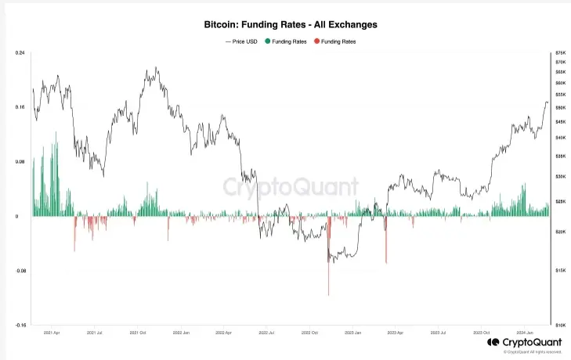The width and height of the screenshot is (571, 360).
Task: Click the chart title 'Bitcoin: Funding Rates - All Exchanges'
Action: coord(286,24)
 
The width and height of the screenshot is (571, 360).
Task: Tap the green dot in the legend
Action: coord(269,41)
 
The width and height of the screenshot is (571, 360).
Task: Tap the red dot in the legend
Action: coord(316,41)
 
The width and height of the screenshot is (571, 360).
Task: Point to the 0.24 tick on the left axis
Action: coord(20,52)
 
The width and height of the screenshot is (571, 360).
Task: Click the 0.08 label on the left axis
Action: coord(20,162)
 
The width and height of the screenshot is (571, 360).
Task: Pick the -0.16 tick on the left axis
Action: coord(20,325)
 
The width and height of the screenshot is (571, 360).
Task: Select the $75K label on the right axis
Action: coord(560,52)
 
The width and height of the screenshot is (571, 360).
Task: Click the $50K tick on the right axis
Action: coord(560,107)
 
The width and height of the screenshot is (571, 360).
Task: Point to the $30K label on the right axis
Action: coord(560,177)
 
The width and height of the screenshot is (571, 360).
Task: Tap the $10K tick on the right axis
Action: coord(560,325)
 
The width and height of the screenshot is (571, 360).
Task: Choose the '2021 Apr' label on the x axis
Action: coord(52,333)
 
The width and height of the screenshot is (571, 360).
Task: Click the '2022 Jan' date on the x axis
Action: coord(181,333)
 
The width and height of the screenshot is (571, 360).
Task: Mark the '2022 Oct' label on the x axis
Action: coord(309,333)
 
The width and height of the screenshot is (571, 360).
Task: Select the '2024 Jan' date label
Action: coord(525,333)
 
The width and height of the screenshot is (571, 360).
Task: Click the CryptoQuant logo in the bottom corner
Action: coord(523,342)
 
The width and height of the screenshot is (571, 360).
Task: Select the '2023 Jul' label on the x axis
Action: coord(439,333)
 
